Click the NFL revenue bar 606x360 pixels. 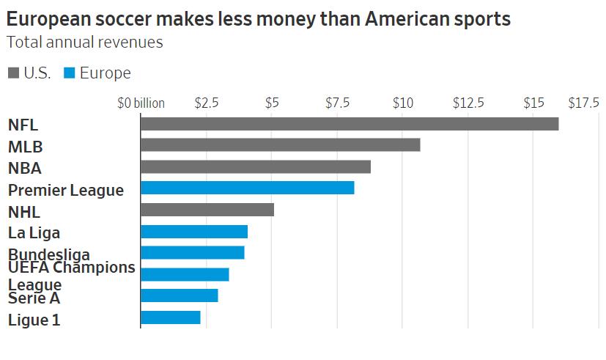(349, 124)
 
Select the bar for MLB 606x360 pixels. (280, 145)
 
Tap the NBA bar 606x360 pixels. (255, 166)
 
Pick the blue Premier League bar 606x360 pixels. (247, 188)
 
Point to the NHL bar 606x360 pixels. (207, 210)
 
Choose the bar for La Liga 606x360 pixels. (193, 232)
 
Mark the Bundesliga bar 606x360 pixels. (192, 253)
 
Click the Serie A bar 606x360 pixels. (179, 295)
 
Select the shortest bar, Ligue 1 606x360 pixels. (170, 317)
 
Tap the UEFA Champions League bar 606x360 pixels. (185, 274)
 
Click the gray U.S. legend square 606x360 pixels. (14, 73)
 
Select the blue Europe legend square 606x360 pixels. (70, 73)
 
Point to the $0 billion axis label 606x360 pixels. (141, 103)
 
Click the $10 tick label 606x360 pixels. (402, 103)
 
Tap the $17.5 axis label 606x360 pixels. (583, 103)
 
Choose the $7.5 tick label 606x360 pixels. (337, 103)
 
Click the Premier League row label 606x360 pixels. (66, 191)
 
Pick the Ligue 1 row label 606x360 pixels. (34, 320)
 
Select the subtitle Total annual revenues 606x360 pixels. (84, 42)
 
